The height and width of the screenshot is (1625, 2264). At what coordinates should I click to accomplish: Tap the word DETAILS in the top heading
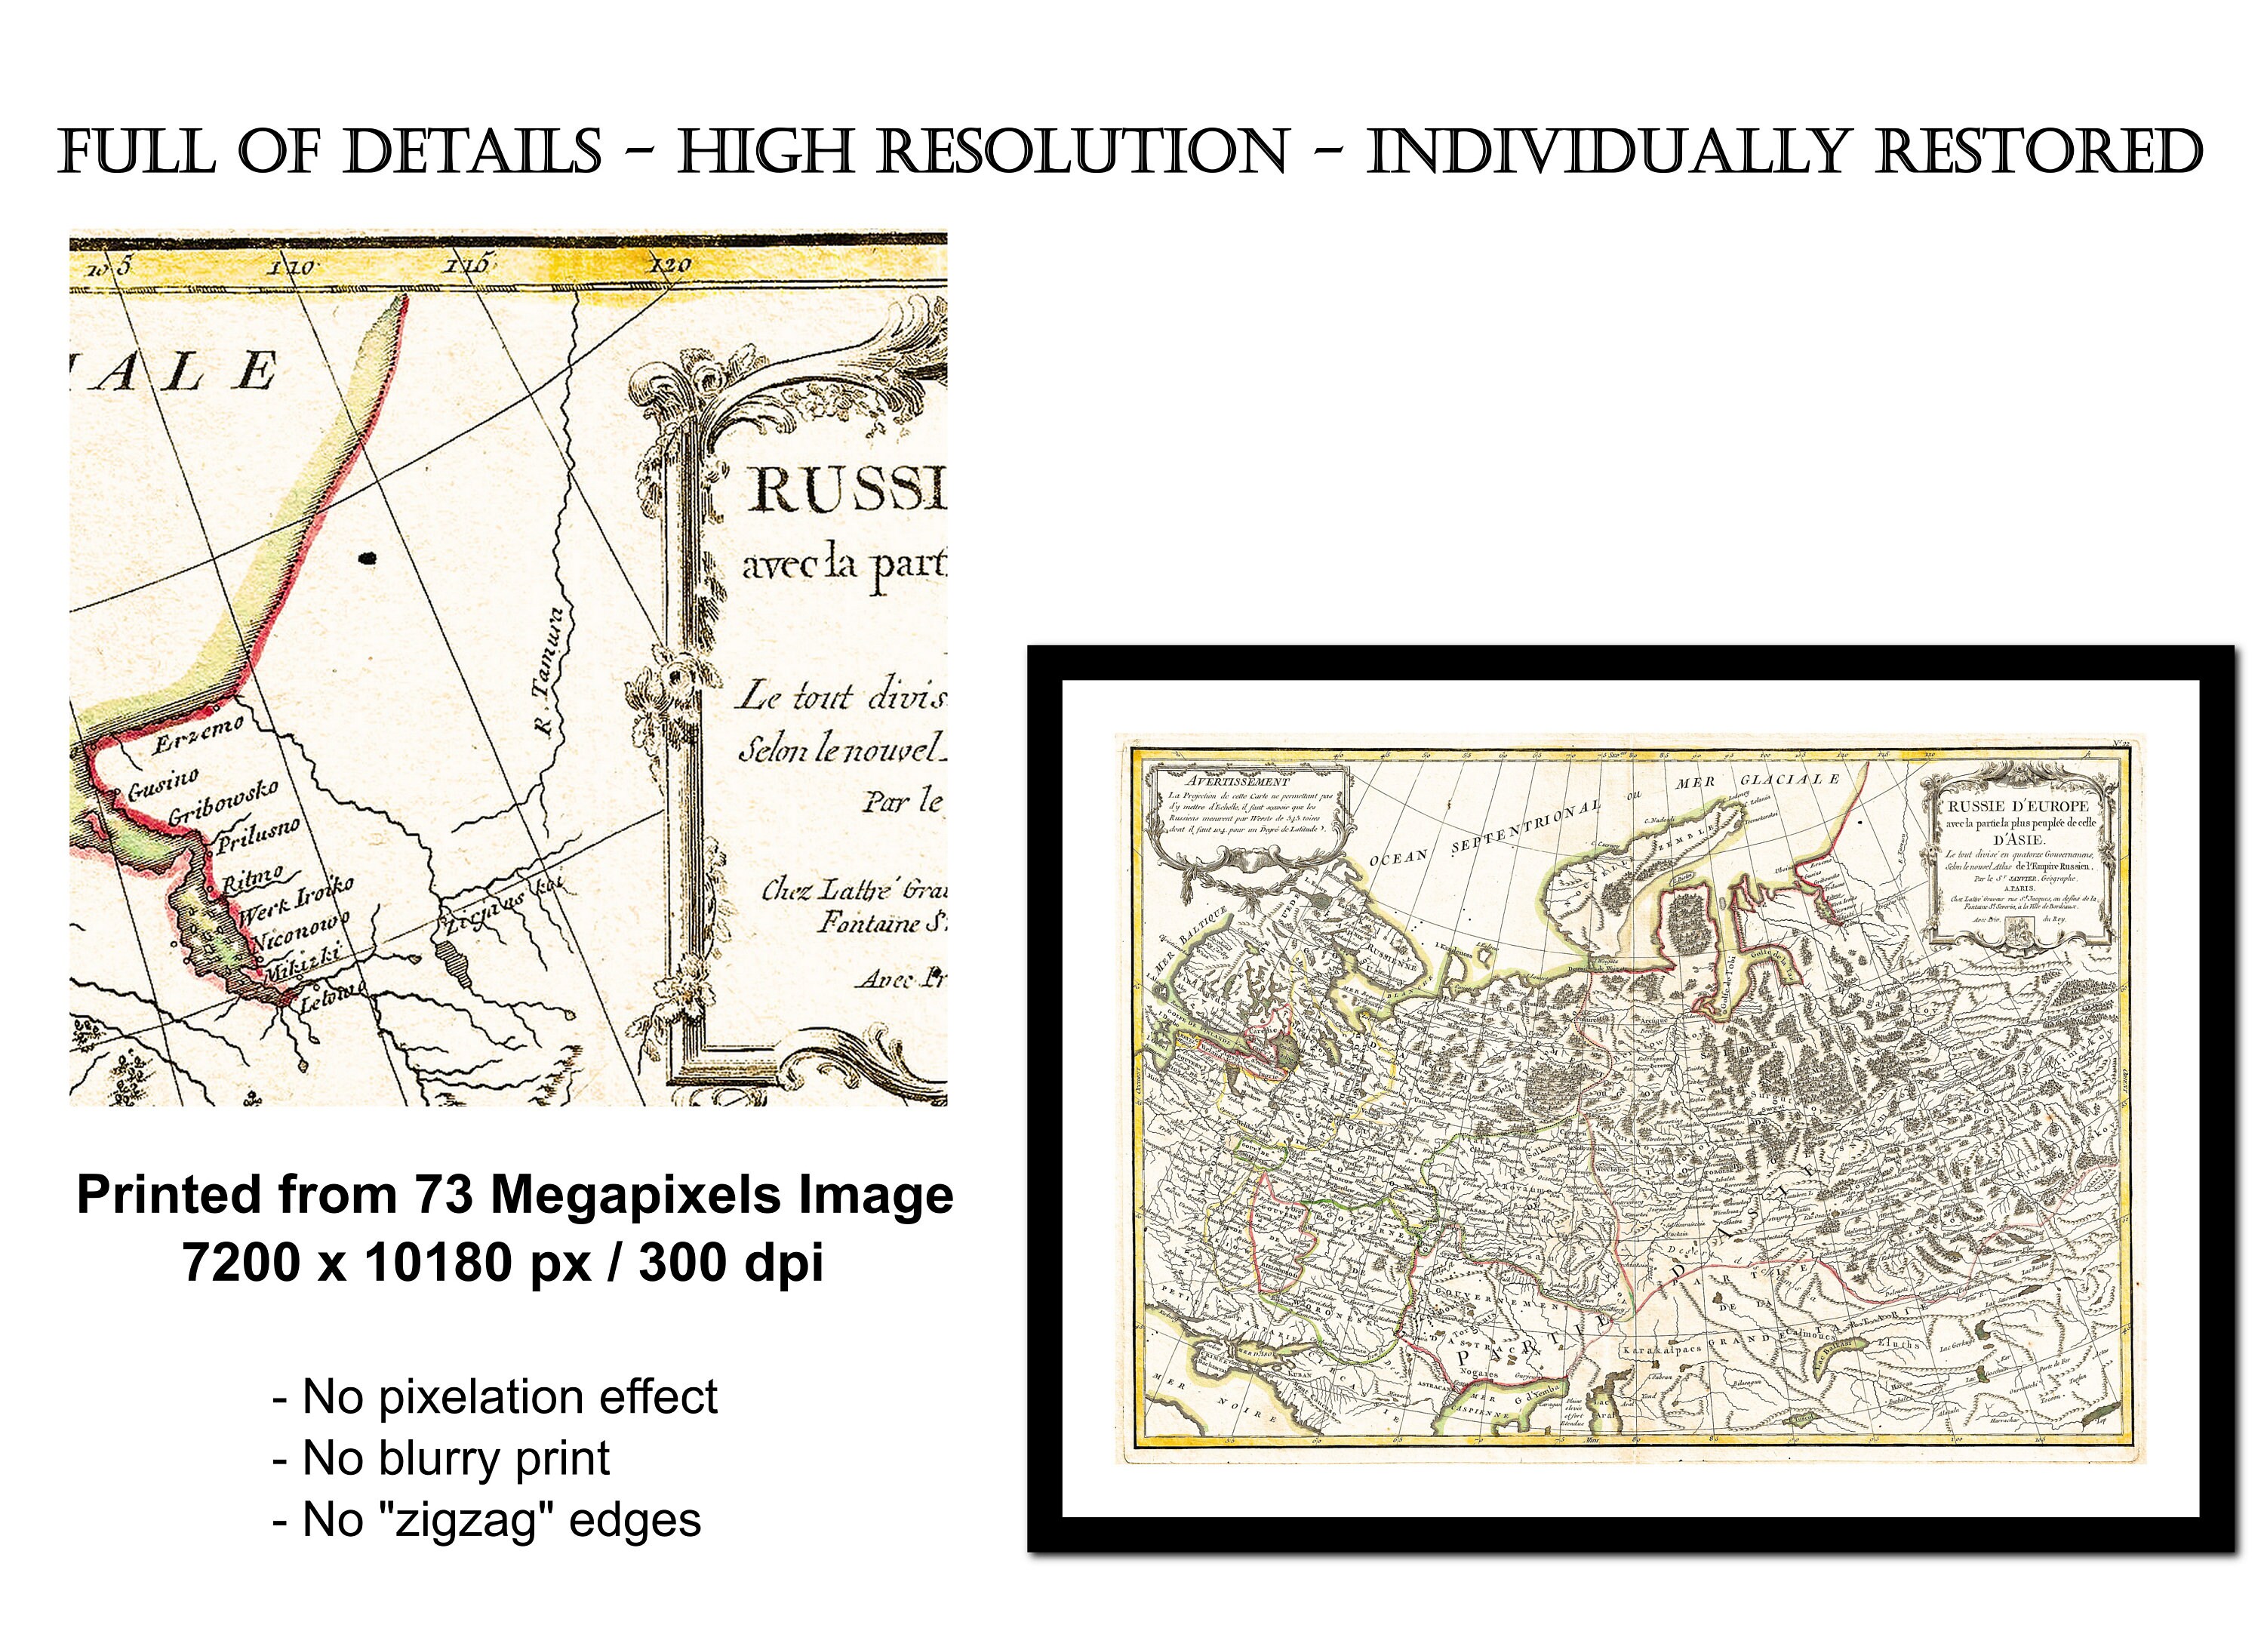(x=472, y=152)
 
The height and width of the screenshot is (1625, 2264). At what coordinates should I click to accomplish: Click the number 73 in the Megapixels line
(x=444, y=1195)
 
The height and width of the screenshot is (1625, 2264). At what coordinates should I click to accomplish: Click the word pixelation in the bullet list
(x=474, y=1396)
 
